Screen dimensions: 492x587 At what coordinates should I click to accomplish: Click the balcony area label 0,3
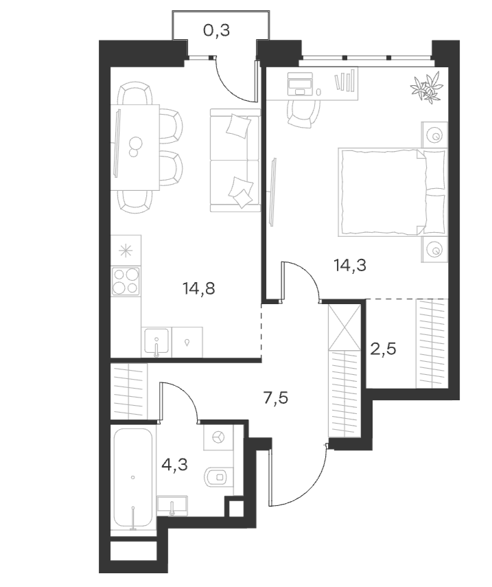pos(216,31)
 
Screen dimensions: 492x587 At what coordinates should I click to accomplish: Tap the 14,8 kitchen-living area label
pos(199,288)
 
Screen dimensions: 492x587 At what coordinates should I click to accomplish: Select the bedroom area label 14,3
pos(350,266)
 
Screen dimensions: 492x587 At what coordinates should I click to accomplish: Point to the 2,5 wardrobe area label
pos(384,349)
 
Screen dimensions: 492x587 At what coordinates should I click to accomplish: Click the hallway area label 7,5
pos(276,398)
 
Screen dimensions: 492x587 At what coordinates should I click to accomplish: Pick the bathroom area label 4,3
pos(174,465)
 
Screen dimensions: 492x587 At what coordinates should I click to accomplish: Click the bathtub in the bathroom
pos(133,478)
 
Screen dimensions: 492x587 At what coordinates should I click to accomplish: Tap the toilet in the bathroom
pos(218,476)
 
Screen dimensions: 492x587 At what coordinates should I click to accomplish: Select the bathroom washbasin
pos(172,506)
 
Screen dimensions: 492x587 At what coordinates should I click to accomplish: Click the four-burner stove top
pos(126,281)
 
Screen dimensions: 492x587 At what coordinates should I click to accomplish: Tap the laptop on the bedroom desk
pos(300,84)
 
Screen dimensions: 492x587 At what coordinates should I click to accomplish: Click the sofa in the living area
pos(235,160)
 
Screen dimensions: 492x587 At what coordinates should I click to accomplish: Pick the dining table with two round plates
pos(134,147)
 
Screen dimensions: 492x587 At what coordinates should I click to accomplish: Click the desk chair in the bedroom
pos(304,114)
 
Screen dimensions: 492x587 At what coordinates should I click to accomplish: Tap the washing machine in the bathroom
pos(218,437)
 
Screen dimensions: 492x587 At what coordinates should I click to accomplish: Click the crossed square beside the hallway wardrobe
pos(344,327)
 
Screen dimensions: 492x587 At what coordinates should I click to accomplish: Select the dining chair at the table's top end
pos(134,93)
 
